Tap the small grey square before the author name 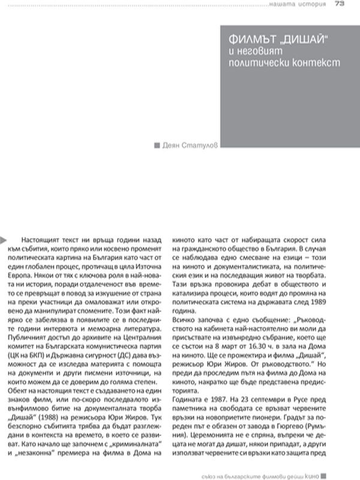coord(157,145)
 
